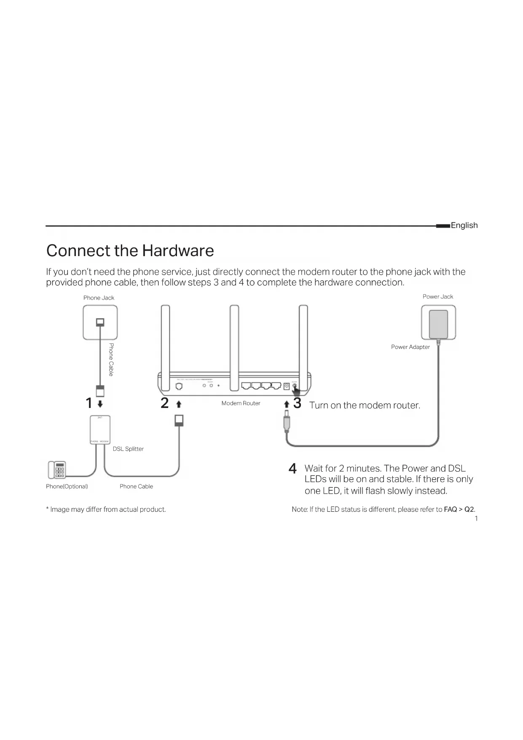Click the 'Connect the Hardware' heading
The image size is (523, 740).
click(x=130, y=251)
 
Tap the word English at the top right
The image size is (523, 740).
click(x=464, y=225)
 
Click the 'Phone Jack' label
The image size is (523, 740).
click(x=99, y=298)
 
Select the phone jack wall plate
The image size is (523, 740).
click(x=100, y=323)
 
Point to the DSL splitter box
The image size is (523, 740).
click(x=100, y=429)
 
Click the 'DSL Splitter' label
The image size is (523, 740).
click(x=128, y=449)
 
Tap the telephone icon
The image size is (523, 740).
click(x=57, y=470)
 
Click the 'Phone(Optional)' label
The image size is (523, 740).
click(x=67, y=486)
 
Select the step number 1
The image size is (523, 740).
click(x=89, y=403)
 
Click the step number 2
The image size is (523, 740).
click(x=164, y=403)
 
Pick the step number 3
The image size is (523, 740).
click(x=297, y=403)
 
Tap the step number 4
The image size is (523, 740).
click(x=292, y=469)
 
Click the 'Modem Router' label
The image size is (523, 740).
click(x=241, y=403)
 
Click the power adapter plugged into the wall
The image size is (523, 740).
click(x=438, y=324)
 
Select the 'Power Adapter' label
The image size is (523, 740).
click(x=410, y=347)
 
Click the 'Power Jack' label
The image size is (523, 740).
click(x=438, y=297)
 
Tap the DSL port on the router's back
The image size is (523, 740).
click(x=179, y=386)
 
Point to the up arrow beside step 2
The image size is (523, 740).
click(x=179, y=404)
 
